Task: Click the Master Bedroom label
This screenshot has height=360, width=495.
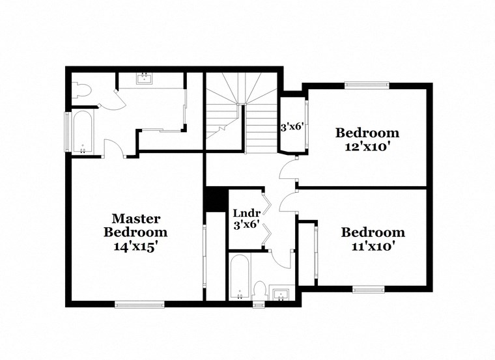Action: (135, 225)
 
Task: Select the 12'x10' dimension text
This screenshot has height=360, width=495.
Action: (367, 146)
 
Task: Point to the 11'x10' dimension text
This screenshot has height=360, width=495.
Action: (373, 247)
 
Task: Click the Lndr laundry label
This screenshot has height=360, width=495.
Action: (246, 213)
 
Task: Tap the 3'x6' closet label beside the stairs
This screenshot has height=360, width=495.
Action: (292, 127)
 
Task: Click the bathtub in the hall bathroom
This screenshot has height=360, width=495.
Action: (240, 277)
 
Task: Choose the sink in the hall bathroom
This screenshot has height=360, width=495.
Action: (281, 294)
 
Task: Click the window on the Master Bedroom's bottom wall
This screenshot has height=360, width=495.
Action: (139, 303)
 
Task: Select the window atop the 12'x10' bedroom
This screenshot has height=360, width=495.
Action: (367, 85)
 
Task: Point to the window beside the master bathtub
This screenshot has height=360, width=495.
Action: (67, 132)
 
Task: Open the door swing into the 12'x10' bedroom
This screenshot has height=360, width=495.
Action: (287, 171)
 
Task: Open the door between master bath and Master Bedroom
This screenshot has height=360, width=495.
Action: (114, 148)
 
